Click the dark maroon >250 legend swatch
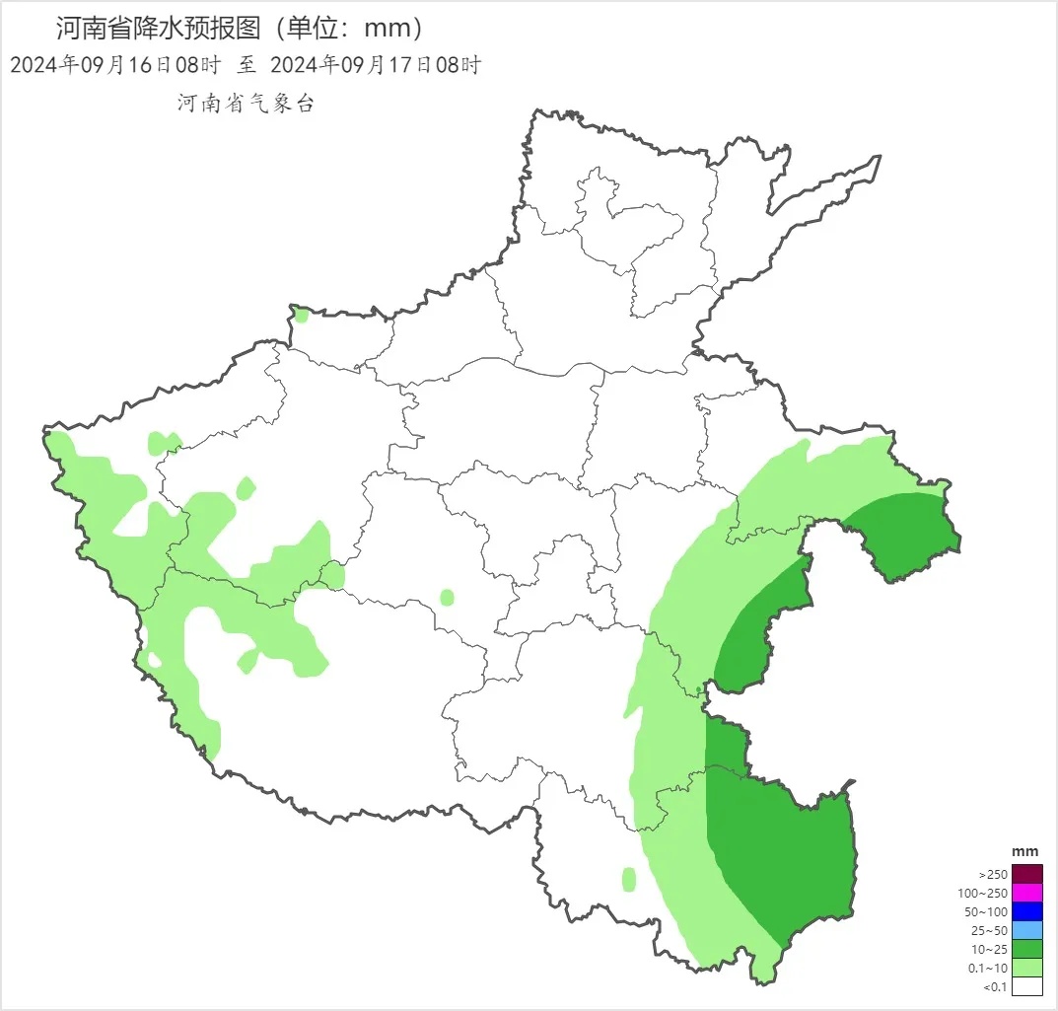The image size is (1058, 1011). pos(1026,874)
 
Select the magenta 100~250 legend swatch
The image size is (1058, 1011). pos(1026,893)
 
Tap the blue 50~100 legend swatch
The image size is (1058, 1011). pos(1026,911)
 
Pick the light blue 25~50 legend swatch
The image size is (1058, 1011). pos(1026,930)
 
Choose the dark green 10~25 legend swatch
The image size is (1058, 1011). pos(1026,949)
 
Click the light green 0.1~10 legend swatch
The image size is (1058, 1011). pos(1026,968)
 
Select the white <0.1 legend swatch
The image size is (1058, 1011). pos(1026,986)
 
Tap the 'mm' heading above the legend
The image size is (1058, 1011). pos(1025,851)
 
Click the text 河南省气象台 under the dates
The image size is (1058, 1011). pos(245,104)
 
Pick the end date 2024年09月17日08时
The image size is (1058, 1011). pos(374,66)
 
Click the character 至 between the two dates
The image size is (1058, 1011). pos(246,66)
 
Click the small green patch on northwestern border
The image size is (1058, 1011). pos(301,316)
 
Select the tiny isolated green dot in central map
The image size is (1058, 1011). pos(447,597)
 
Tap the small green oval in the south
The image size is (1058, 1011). pos(629,879)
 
